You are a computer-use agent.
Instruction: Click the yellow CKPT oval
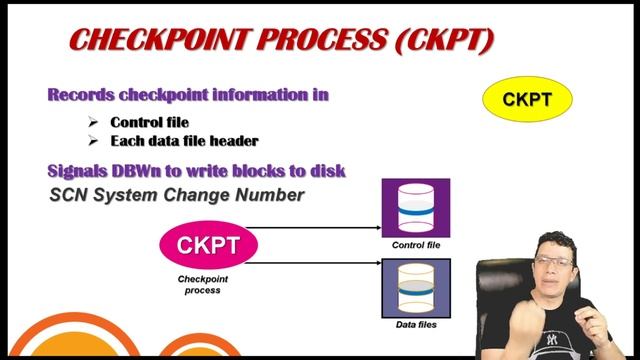coord(527,100)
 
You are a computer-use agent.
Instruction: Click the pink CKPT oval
coord(208,245)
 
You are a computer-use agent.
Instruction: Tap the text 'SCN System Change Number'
coord(176,195)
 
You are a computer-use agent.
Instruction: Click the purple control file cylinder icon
coord(416,208)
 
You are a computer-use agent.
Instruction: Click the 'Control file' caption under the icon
coord(416,245)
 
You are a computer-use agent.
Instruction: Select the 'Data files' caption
coord(417,324)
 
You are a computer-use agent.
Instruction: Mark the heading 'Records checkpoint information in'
coord(189,95)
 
